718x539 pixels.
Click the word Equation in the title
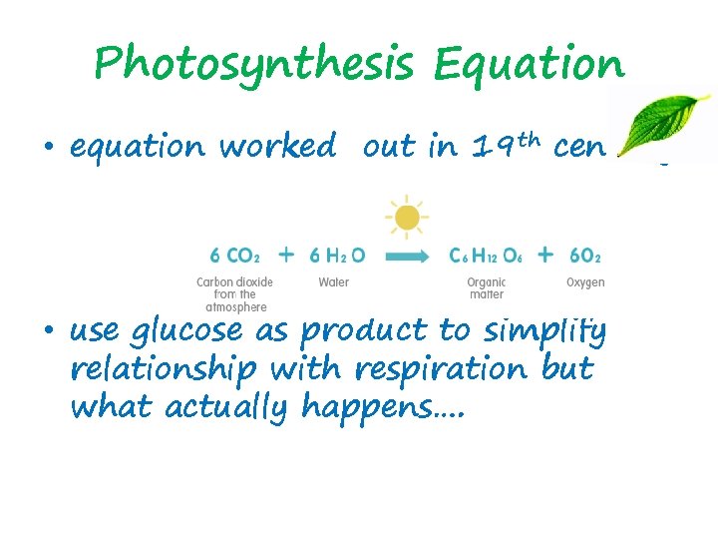(529, 65)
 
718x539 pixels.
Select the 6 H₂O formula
(338, 256)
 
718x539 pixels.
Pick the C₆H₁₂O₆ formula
(485, 256)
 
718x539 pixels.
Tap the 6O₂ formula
(582, 256)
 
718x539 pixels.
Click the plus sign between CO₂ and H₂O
(286, 255)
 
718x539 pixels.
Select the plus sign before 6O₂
(544, 255)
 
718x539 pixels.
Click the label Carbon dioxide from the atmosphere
(234, 294)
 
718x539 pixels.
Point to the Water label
(333, 282)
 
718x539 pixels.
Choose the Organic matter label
(486, 288)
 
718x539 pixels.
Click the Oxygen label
(585, 282)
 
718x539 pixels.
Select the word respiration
(442, 369)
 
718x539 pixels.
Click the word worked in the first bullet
(277, 147)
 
